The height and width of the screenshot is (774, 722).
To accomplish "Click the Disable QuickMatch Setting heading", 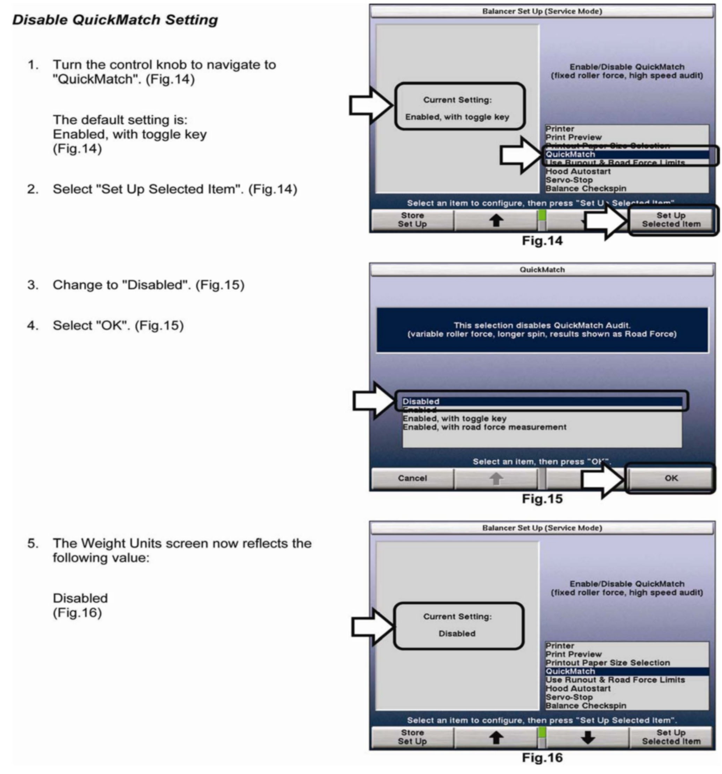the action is click(x=115, y=20).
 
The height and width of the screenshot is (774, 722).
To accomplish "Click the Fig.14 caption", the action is click(x=542, y=241).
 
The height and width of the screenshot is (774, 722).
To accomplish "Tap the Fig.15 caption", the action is click(x=542, y=499).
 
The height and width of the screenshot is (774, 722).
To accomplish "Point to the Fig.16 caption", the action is click(x=542, y=757).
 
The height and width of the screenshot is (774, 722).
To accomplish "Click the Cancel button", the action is click(x=412, y=478).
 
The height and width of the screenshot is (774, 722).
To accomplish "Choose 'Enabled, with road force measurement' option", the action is click(x=484, y=427).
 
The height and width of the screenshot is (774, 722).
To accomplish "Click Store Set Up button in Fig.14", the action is click(x=412, y=220).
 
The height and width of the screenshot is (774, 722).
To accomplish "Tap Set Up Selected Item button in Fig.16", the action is click(x=671, y=737).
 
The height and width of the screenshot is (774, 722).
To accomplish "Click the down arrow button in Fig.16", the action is click(x=587, y=737).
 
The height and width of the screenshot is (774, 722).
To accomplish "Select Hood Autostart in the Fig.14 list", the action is click(x=578, y=171).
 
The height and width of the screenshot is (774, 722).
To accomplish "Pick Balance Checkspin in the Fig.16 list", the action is click(x=586, y=706).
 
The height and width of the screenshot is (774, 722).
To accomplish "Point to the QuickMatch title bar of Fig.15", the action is click(x=542, y=270).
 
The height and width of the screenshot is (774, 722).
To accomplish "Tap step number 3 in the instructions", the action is click(x=33, y=285).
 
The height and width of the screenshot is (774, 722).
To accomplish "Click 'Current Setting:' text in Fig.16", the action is click(x=457, y=616).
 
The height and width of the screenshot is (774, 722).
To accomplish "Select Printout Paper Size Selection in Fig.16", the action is click(x=608, y=663).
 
